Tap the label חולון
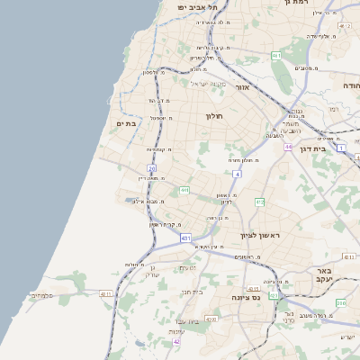pos(213,116)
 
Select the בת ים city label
pos(125,124)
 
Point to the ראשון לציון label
pos(260,236)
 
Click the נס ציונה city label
pos(245,297)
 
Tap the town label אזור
pos(241,88)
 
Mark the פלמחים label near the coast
pos(41,295)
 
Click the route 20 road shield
pos(152,168)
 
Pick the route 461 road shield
pos(276,56)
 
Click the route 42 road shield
pos(176,342)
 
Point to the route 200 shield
pos(340,303)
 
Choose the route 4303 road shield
pos(211,319)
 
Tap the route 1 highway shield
pos(341,148)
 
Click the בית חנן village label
pos(193,292)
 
